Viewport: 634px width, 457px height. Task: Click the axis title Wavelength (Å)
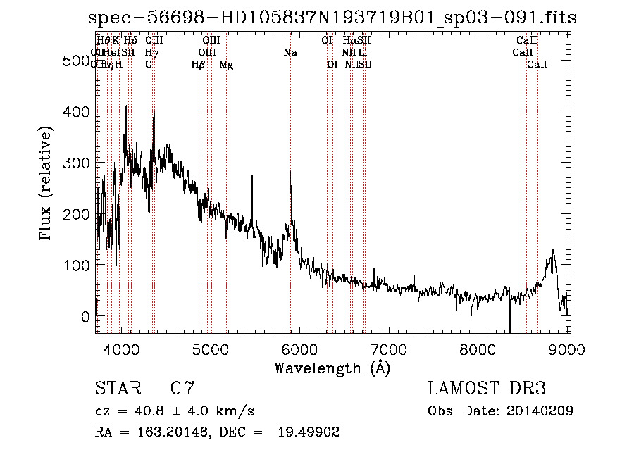(x=332, y=368)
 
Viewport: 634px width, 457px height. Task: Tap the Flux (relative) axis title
(x=47, y=184)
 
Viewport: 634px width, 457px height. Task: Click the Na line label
(x=290, y=53)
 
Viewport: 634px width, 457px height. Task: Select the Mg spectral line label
(x=226, y=65)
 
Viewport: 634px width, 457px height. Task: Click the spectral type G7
(x=182, y=389)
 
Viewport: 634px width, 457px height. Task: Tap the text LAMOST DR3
(x=487, y=389)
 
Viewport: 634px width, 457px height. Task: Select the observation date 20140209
(x=537, y=411)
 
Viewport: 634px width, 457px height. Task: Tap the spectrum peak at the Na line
(x=290, y=171)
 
